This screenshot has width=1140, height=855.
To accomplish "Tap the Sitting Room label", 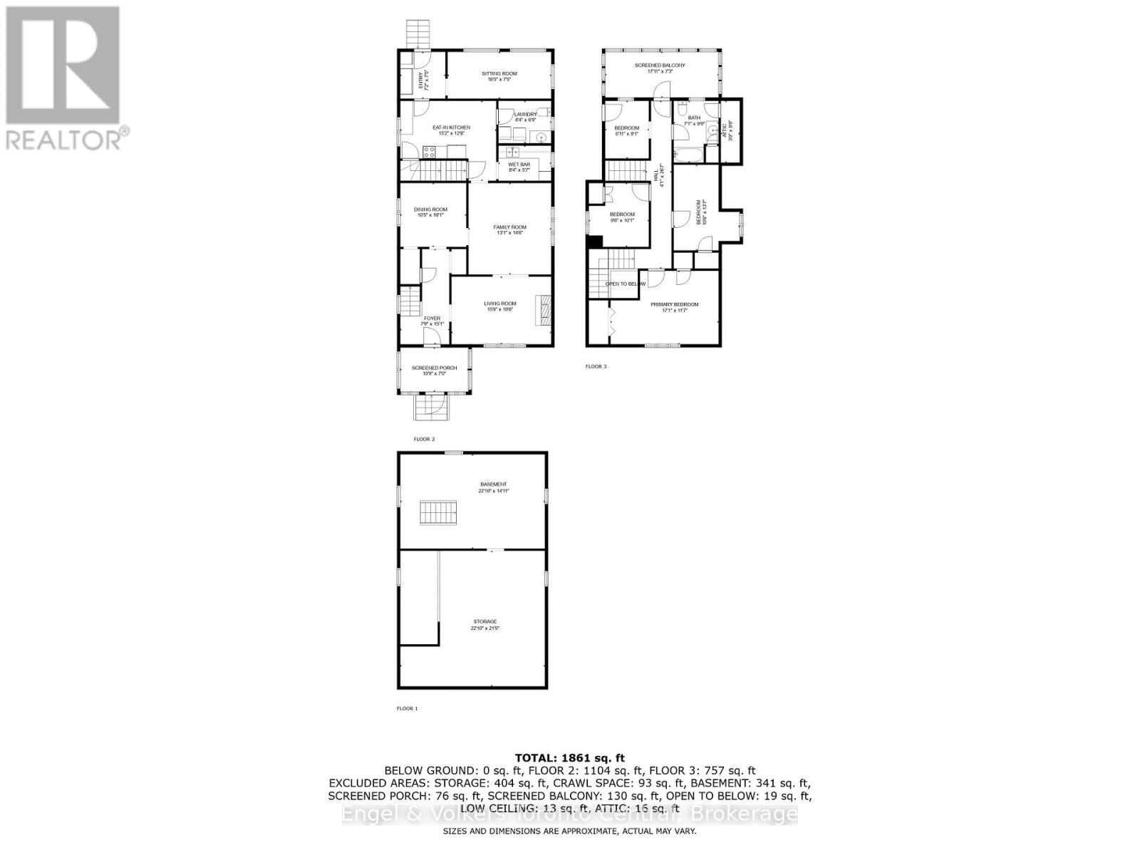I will [499, 74].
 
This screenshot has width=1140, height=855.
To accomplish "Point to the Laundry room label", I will [525, 115].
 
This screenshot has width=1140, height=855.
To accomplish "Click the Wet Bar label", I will [519, 165].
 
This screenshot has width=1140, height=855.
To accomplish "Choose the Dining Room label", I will [430, 210].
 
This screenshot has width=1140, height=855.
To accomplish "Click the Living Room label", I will [500, 304].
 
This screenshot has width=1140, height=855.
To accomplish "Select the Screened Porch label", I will [434, 369].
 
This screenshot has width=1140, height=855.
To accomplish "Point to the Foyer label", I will [432, 319].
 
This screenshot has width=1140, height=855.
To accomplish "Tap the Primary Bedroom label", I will [674, 305].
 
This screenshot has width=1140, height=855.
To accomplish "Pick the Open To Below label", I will [625, 284].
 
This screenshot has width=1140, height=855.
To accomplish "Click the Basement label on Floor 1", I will [493, 485].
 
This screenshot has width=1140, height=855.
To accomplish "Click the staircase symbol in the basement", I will [437, 513].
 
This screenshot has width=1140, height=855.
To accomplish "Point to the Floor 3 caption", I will [596, 367].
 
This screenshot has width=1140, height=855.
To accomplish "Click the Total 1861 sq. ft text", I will [569, 758].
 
